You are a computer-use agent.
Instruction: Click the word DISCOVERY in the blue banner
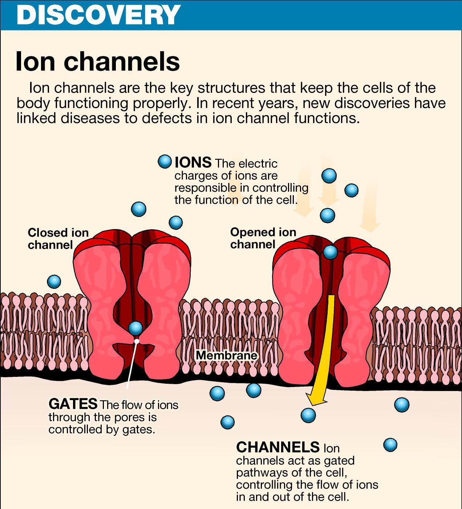(98, 15)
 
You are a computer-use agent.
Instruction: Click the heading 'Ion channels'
(97, 61)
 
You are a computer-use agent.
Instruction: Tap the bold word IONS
(193, 162)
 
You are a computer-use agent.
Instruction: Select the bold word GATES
(73, 404)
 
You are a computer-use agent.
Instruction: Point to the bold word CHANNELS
(278, 447)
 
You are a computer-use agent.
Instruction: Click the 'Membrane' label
(227, 355)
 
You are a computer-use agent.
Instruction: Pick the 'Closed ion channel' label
(58, 239)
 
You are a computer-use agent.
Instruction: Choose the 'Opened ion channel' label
(263, 238)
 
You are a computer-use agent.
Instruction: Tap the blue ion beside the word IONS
(165, 161)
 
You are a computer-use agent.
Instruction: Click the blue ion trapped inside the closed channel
(135, 328)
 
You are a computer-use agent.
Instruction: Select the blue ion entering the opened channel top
(331, 252)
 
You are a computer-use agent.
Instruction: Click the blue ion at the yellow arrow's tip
(308, 414)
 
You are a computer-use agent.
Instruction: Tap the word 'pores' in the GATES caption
(124, 417)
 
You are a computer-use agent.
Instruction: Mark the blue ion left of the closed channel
(54, 281)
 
